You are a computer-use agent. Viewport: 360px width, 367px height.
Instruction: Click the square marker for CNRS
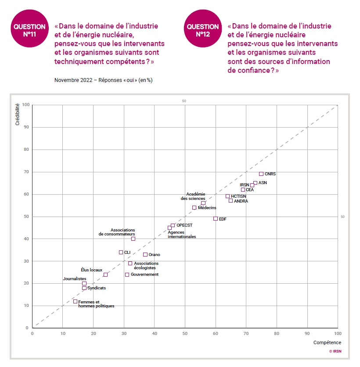(261, 174)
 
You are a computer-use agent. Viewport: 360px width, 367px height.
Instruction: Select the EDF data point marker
(216, 219)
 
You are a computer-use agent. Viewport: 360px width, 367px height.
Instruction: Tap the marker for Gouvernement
(127, 275)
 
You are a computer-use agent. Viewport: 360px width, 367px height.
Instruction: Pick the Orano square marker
(145, 255)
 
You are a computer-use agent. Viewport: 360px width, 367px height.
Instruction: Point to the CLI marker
(121, 253)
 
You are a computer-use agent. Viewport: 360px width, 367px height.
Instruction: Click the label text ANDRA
(241, 201)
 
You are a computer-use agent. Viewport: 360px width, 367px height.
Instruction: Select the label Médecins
(207, 208)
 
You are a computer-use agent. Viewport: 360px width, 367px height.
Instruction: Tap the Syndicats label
(97, 288)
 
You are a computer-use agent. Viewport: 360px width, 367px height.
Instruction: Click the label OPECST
(184, 225)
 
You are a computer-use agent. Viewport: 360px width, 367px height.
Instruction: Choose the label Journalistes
(75, 279)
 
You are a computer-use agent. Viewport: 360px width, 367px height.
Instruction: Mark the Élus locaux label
(91, 270)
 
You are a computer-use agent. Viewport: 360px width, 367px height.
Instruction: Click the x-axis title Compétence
(327, 342)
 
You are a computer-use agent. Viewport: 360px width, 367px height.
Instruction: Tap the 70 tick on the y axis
(26, 172)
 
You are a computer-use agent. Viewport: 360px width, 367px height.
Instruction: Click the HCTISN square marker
(227, 196)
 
